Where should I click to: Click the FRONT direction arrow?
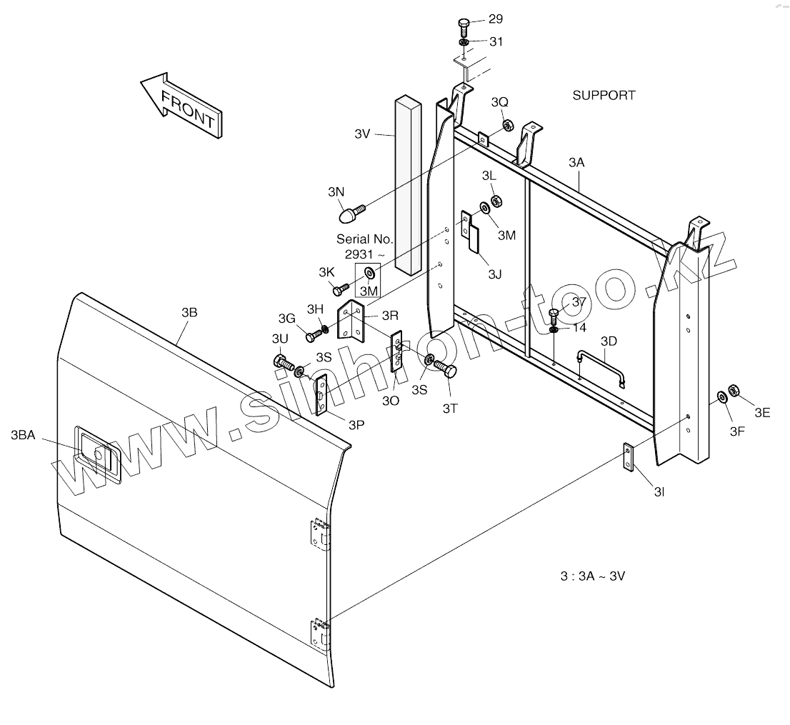pyautogui.click(x=181, y=104)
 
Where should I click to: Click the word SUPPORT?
pyautogui.click(x=604, y=95)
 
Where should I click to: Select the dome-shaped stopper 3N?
pyautogui.click(x=350, y=213)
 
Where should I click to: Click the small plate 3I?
pyautogui.click(x=628, y=458)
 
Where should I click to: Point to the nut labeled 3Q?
pyautogui.click(x=506, y=126)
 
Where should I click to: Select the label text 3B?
pyautogui.click(x=189, y=312)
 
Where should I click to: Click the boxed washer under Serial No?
pyautogui.click(x=369, y=274)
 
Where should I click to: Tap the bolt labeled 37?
pyautogui.click(x=554, y=315)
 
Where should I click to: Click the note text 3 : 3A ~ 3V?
pyautogui.click(x=592, y=576)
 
